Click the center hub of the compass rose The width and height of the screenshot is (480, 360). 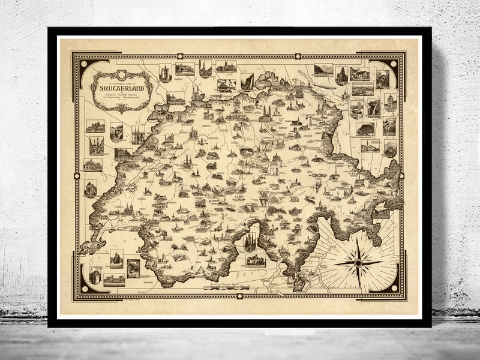[x=358, y=263]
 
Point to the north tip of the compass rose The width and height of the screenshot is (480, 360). [x=358, y=238]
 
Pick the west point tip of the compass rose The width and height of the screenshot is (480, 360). [x=334, y=263]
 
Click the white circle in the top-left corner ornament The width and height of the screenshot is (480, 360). [x=83, y=64]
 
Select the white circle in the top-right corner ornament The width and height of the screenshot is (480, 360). [x=395, y=64]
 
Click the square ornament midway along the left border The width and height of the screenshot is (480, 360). [x=76, y=176]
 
